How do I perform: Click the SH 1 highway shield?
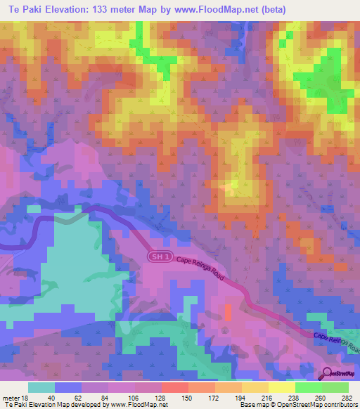click(158, 257)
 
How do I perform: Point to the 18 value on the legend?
click(26, 398)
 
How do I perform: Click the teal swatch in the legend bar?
click(41, 387)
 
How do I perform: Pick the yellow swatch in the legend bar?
click(281, 387)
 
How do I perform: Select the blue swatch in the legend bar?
click(68, 387)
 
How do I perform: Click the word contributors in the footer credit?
click(339, 405)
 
